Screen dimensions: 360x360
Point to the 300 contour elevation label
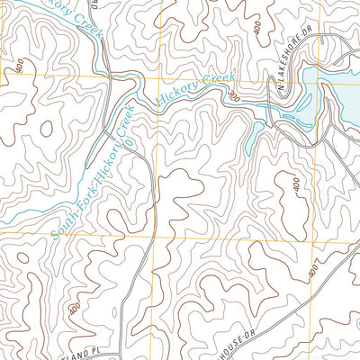click(x=235, y=94)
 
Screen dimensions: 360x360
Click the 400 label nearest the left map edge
click(x=19, y=65)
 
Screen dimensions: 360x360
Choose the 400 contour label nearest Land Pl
click(x=72, y=309)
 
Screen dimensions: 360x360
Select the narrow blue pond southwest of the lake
click(x=255, y=135)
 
